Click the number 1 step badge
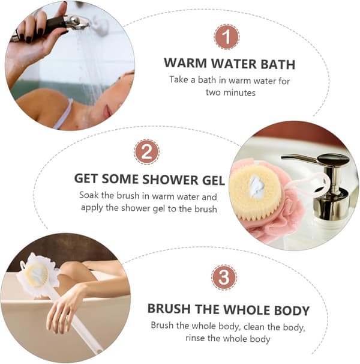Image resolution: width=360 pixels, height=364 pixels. [x=227, y=37]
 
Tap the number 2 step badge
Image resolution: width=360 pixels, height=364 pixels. [x=146, y=152]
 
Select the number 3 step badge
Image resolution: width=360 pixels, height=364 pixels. [x=224, y=277]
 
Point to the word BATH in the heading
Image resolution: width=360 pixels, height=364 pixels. [x=278, y=64]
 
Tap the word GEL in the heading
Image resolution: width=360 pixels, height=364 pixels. [x=214, y=181]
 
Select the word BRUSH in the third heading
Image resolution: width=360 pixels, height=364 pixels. [x=169, y=309]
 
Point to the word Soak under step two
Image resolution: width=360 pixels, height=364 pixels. [x=89, y=195]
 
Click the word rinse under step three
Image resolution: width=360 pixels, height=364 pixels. [x=196, y=338]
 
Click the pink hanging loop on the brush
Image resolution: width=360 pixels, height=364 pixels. [x=308, y=184]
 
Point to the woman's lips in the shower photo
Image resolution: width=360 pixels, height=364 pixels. [x=107, y=111]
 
